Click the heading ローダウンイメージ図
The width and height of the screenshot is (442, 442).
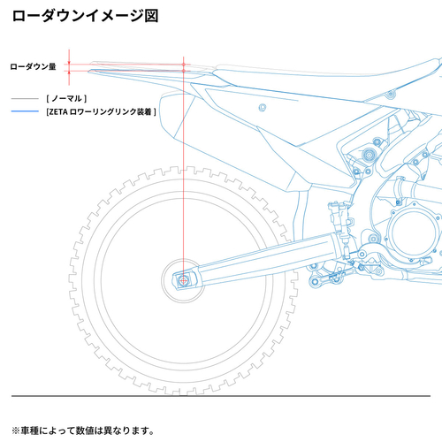click(x=84, y=16)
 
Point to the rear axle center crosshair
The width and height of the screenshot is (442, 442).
click(x=183, y=280)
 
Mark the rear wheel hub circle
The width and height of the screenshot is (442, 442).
click(x=183, y=280)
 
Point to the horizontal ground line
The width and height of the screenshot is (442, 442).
click(x=221, y=395)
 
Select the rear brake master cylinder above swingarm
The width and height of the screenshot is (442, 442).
click(x=337, y=213)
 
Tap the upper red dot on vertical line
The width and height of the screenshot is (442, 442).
click(x=183, y=62)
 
